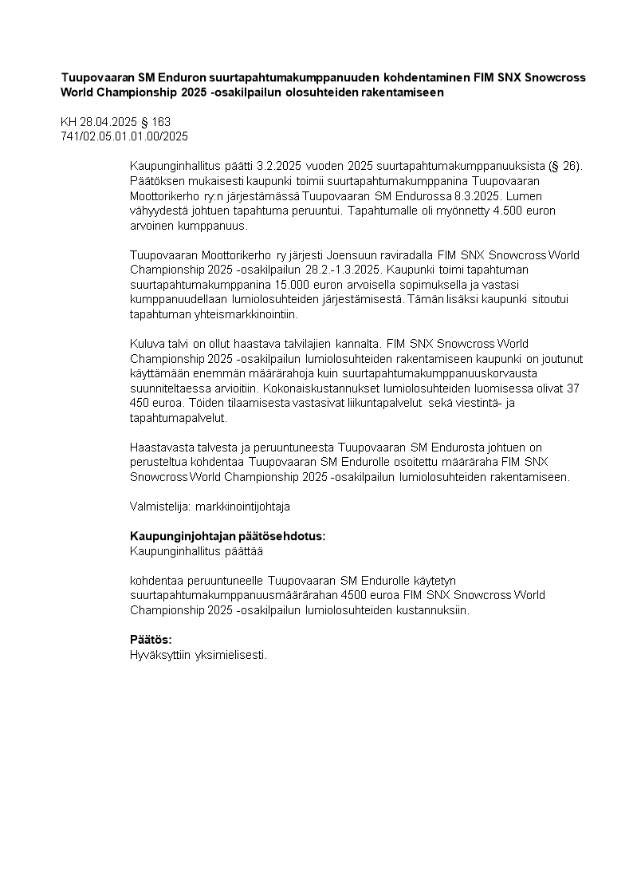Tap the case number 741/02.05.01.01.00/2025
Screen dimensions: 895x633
(124, 136)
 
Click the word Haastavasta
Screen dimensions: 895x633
(160, 447)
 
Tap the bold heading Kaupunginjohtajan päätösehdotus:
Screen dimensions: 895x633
(227, 536)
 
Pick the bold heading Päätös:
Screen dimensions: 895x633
(151, 640)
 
